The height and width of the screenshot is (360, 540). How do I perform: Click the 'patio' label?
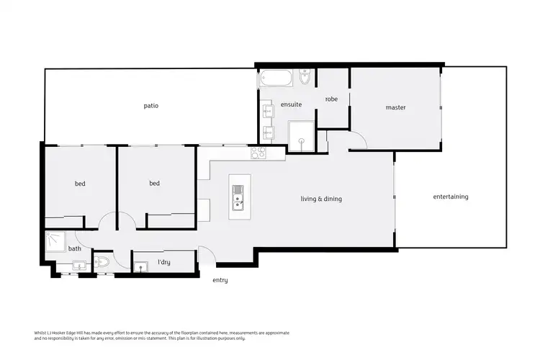coord(150,106)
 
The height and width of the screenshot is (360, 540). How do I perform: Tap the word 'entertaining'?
coord(451,197)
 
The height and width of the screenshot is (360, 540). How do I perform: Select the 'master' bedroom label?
coord(395,107)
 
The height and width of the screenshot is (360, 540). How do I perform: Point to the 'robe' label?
coord(331,99)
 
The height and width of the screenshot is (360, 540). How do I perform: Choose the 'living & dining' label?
coord(321,199)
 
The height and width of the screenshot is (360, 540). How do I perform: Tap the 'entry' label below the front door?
coord(220,280)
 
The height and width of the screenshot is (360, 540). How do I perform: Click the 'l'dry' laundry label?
coord(163,263)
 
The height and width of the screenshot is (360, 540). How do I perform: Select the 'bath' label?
coord(74,249)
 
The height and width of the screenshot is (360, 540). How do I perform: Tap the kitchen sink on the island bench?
coord(238,195)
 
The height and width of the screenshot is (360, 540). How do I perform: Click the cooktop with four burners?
coord(258,153)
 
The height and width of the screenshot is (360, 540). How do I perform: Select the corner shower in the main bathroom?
coord(55,240)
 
